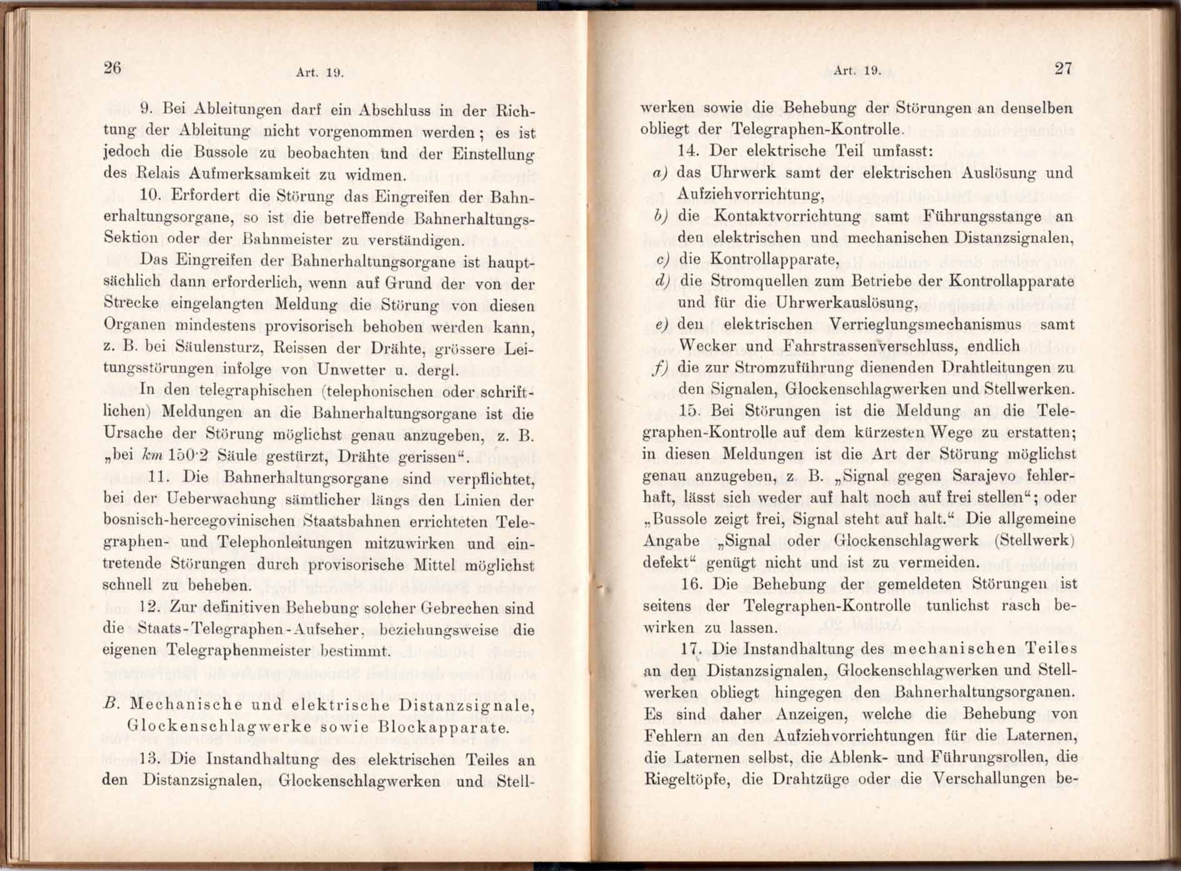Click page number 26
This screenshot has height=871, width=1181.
point(112,67)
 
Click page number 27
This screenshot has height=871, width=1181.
point(1064,68)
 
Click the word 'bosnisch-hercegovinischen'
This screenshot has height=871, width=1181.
point(198,521)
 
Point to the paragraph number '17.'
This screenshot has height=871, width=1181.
point(691,649)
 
